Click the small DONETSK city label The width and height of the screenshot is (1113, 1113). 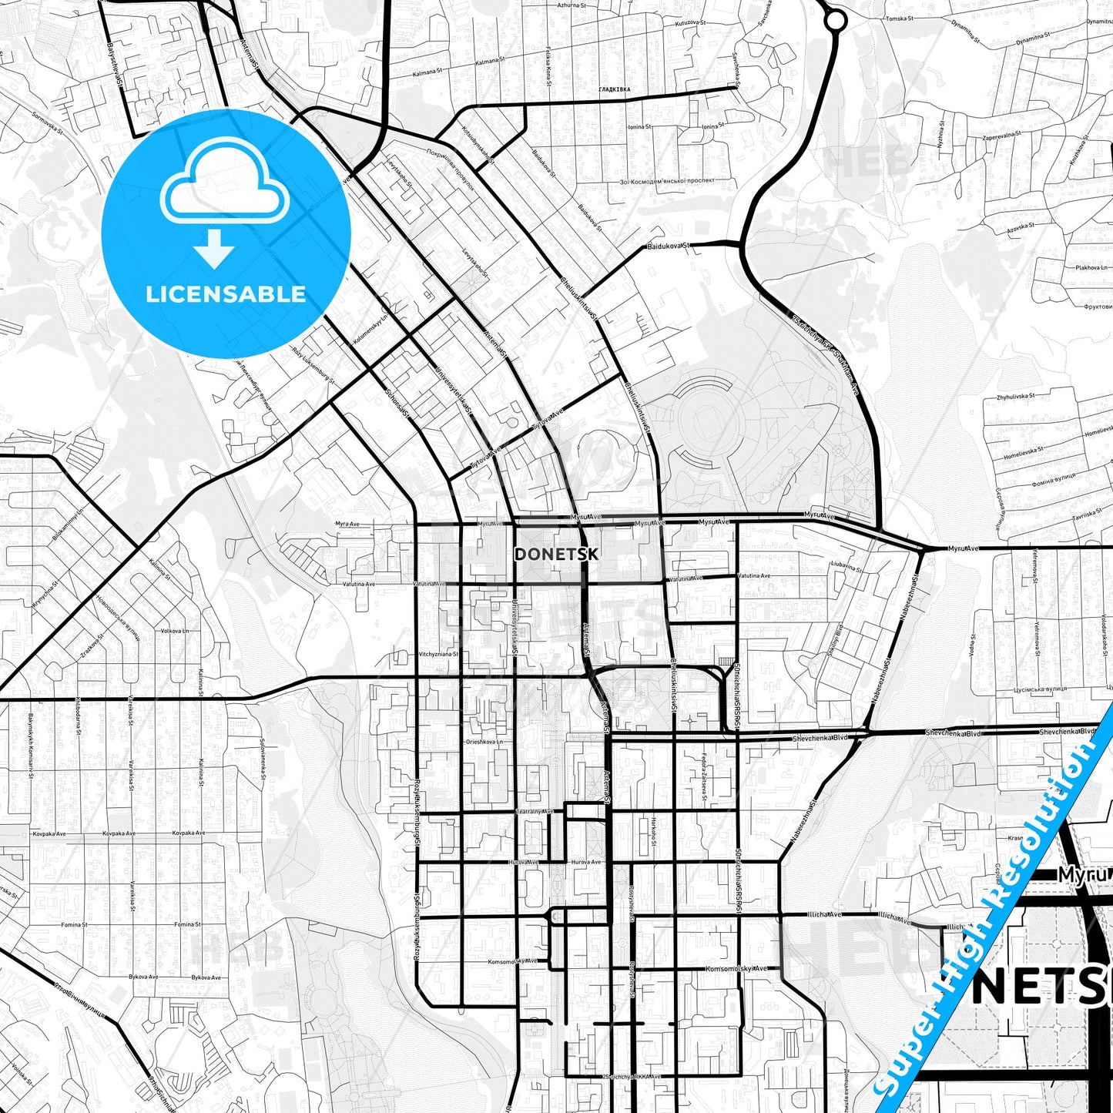[x=555, y=554]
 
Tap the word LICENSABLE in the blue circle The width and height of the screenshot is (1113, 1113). [x=226, y=293]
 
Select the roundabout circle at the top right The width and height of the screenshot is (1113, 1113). [x=835, y=21]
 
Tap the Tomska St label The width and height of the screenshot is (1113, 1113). [x=899, y=18]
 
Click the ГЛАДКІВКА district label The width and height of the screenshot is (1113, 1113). [x=614, y=90]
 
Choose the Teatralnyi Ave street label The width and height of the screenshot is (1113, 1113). [x=535, y=812]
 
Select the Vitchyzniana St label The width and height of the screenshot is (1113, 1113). [x=438, y=654]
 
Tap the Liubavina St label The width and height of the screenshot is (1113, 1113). [x=846, y=565]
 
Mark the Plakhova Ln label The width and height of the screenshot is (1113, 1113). [x=1092, y=267]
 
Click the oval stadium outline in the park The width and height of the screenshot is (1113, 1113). [x=710, y=421]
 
